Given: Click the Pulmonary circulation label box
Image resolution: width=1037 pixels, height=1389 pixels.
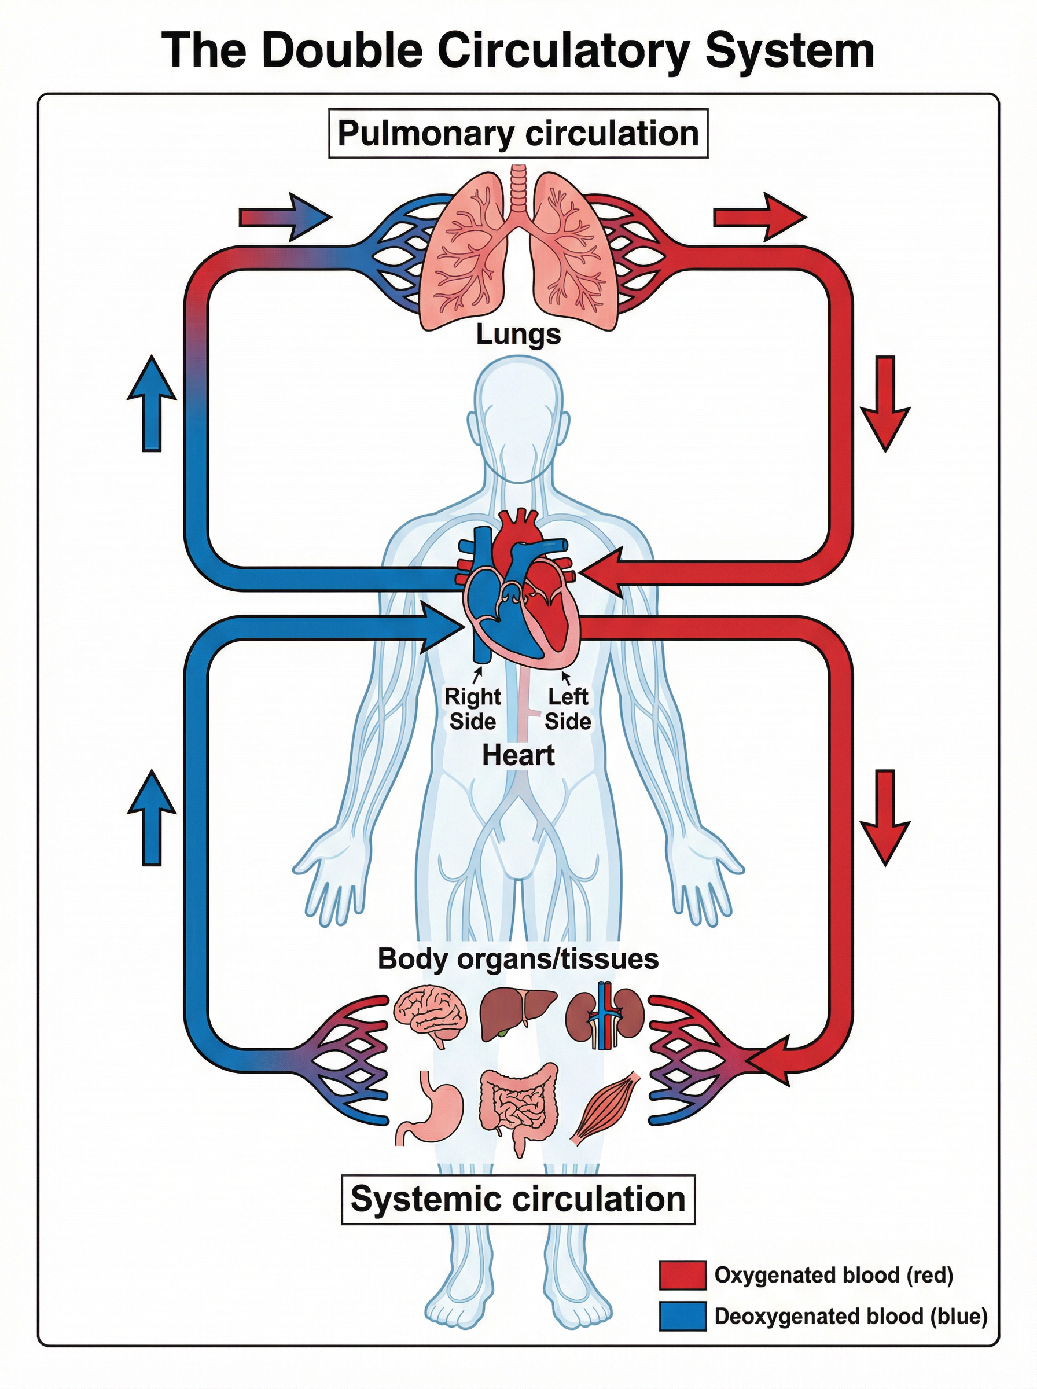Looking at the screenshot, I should [x=518, y=134].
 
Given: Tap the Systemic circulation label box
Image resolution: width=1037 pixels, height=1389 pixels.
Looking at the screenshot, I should [x=518, y=1199].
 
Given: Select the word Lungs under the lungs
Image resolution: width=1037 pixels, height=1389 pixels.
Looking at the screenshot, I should [x=518, y=334].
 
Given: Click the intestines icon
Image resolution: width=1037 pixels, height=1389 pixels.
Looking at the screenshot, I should [x=518, y=1106].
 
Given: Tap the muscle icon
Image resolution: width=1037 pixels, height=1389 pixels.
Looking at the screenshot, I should [x=605, y=1108].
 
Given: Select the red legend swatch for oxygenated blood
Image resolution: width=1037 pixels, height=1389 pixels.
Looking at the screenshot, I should [x=682, y=1276].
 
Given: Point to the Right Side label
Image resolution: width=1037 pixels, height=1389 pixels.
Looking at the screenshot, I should [x=473, y=708].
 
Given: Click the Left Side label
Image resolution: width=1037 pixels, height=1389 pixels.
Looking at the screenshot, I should [x=568, y=708].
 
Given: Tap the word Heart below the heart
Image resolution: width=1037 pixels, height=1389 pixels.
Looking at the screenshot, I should [x=518, y=755].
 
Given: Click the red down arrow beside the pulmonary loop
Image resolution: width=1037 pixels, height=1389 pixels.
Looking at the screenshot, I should [x=884, y=403].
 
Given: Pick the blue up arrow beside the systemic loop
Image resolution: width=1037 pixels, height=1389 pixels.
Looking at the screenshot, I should [x=151, y=818].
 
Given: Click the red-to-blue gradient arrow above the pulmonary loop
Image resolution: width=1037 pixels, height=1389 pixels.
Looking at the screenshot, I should [x=285, y=217].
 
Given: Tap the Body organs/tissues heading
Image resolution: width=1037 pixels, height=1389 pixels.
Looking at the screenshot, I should [x=518, y=958].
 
